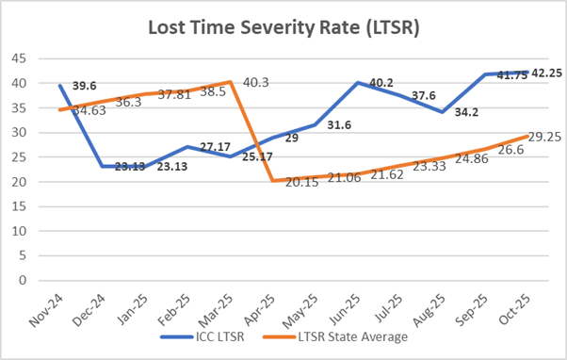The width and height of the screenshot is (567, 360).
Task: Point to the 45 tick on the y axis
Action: [19, 58]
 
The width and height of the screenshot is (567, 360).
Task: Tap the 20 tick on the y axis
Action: [19, 182]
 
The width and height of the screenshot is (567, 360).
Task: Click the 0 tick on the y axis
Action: [22, 280]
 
